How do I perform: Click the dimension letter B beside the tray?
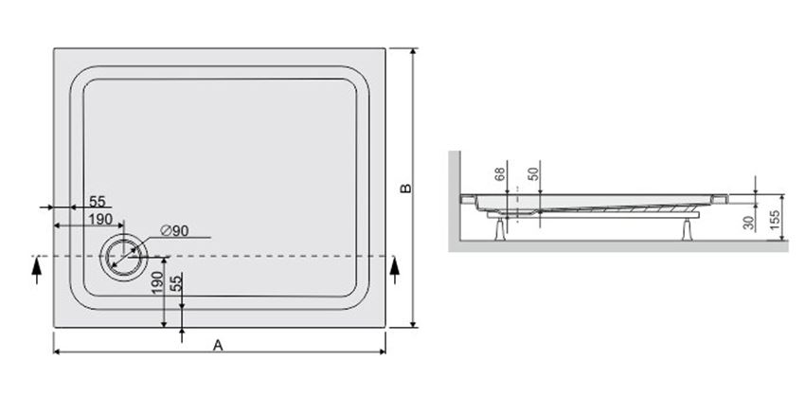click(x=404, y=189)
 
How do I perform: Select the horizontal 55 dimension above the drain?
click(x=98, y=201)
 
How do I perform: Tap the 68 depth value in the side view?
click(x=500, y=176)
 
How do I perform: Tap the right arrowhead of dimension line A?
click(x=385, y=353)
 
